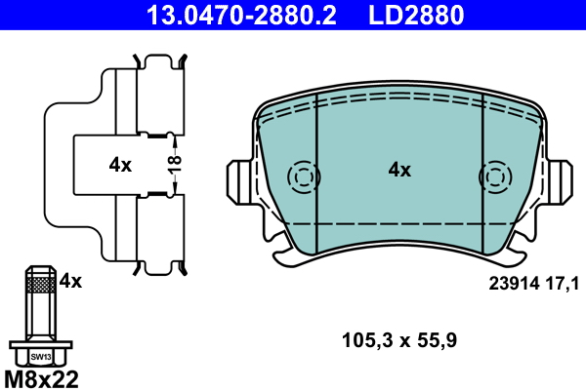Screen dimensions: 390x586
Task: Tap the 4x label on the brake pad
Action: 399,170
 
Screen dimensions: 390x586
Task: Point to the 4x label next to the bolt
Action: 70,282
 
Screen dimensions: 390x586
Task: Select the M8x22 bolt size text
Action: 42,377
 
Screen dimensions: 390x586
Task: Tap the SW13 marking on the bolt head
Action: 40,357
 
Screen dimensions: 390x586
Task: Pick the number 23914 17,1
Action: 533,284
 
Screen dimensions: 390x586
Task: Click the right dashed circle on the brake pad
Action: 495,177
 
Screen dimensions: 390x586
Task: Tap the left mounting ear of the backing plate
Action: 239,181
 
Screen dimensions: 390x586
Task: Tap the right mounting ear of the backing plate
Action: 561,181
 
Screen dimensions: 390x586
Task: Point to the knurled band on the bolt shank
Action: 40,285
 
